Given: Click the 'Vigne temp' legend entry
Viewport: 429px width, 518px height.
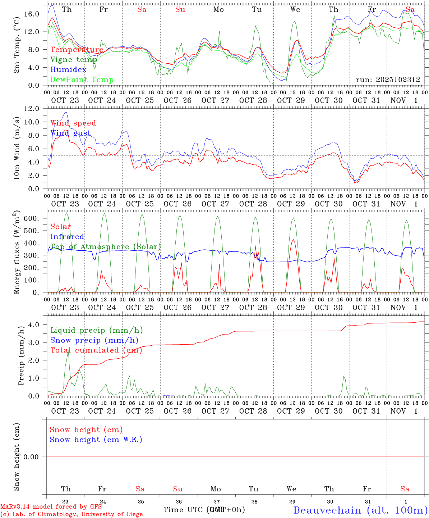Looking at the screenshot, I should [x=74, y=60].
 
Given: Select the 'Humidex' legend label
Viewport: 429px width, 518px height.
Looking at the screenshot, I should [x=68, y=70].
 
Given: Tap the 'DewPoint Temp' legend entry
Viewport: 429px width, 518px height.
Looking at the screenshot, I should [x=82, y=80].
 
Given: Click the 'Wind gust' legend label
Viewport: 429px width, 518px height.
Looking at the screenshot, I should [x=70, y=133].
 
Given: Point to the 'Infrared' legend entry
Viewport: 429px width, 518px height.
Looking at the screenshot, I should [x=67, y=237].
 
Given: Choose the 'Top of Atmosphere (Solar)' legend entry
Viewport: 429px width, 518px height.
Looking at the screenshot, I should [x=105, y=247].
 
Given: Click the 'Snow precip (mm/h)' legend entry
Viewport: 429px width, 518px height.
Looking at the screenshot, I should [x=94, y=340].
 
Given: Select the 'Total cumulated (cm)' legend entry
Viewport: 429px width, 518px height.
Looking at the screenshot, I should [x=96, y=350].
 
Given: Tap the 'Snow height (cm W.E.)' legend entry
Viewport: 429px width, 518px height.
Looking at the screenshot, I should [x=96, y=440].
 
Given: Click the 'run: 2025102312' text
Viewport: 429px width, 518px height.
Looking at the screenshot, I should [x=388, y=80].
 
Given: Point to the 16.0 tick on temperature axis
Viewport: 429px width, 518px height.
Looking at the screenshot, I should [x=31, y=14].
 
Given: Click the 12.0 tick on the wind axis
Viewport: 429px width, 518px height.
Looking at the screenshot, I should [x=31, y=109].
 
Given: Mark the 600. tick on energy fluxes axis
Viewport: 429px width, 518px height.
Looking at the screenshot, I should [x=31, y=219].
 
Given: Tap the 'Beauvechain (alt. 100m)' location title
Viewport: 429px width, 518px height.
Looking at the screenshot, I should [x=360, y=510].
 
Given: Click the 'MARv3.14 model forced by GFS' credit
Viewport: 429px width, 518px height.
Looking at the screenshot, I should [x=51, y=506].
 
